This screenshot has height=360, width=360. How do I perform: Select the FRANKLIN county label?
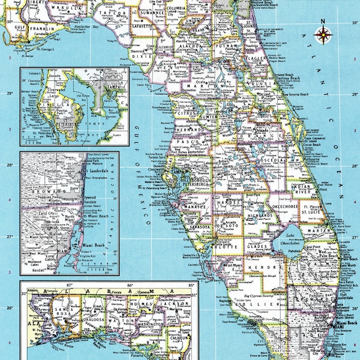pos(43,28)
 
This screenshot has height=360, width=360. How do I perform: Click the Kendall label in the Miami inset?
pos(36,271)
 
